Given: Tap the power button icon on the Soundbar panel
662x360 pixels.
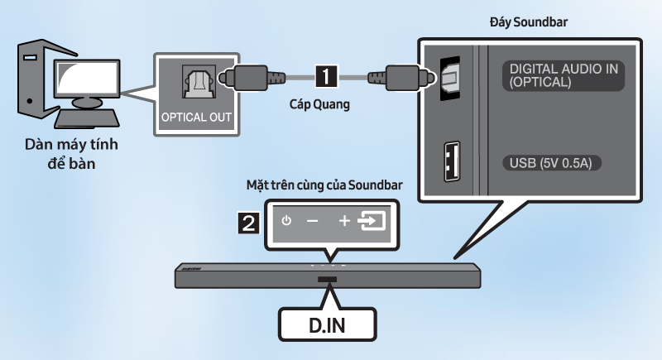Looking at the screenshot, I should pos(286,222).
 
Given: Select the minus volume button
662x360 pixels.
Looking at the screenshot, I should pos(312,222).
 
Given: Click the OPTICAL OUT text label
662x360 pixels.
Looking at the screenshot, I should pos(196,116).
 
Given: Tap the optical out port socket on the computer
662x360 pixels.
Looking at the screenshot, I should pos(196,80).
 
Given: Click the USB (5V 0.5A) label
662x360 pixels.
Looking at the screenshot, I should pos(551,161).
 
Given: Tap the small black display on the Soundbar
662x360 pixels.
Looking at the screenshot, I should pos(329,280).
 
